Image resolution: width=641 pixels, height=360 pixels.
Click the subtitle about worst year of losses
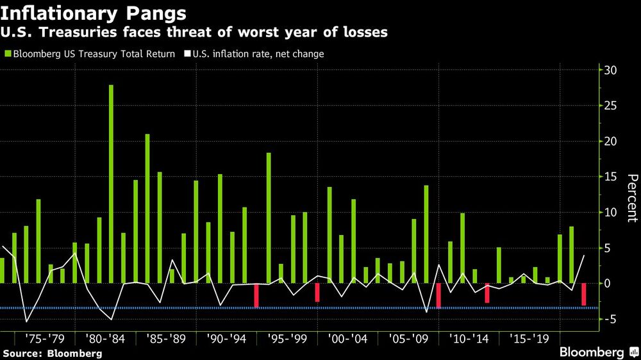[x=196, y=32]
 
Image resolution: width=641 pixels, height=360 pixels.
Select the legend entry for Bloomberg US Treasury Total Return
[x=90, y=54]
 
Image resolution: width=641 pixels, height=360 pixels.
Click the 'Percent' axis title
[x=631, y=199]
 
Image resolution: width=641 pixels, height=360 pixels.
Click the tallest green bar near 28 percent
[x=111, y=184]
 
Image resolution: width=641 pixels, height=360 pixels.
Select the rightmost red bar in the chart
[x=584, y=294]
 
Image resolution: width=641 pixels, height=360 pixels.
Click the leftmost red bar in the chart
[x=256, y=295]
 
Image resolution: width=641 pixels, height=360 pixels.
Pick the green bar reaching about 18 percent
[x=269, y=218]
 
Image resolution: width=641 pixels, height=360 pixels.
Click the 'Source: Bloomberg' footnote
[x=52, y=353]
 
